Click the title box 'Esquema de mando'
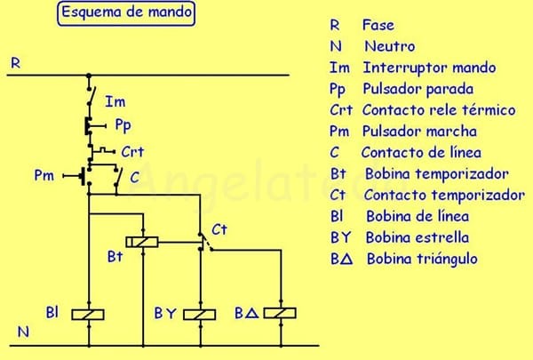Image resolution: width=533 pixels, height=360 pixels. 126,14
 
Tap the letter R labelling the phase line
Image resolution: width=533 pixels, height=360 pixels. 15,63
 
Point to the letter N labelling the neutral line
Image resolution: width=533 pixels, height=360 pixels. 24,333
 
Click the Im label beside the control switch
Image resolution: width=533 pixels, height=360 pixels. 115,102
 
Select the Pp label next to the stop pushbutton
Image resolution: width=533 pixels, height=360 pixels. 123,125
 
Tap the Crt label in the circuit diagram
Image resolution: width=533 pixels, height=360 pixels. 132,151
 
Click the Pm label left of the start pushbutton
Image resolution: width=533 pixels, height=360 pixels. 44,176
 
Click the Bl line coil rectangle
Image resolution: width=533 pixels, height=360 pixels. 88,313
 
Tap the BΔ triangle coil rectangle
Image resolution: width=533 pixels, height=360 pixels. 279,313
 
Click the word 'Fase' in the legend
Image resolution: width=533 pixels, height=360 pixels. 378,25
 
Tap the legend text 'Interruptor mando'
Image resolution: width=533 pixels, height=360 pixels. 429,68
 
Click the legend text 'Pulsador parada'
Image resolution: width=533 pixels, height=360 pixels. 418,89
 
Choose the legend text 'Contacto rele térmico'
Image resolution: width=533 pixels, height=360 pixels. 439,110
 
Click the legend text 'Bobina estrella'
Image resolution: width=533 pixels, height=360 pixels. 417,237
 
